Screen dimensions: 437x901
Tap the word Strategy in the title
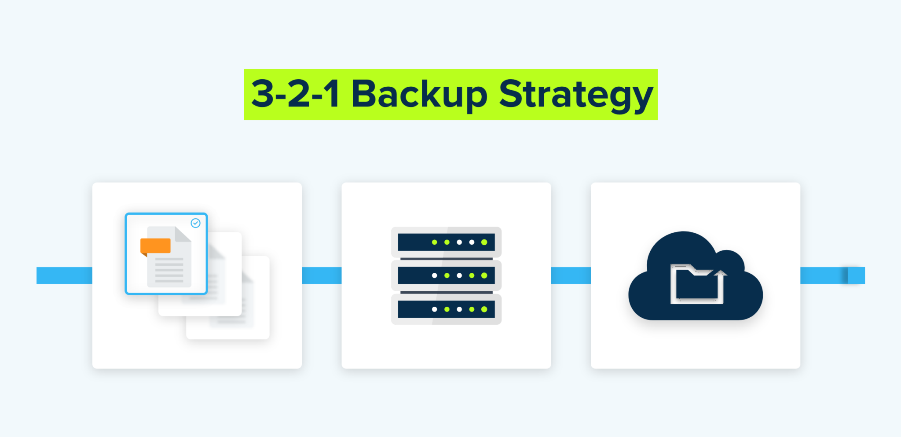575,94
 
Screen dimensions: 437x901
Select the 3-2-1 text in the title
295,94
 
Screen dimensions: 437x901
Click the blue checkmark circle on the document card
196,223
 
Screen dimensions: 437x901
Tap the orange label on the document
155,246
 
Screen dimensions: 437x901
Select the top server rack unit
446,242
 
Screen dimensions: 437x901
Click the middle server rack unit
446,275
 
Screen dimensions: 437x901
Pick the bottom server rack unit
446,309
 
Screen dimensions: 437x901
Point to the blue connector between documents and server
322,275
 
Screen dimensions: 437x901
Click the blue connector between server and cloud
571,275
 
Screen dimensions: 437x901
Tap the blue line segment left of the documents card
64,275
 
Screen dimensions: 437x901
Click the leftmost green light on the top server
434,242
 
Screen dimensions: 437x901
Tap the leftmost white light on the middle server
434,275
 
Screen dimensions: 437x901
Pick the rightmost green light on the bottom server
484,309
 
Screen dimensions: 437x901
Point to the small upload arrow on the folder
720,274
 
